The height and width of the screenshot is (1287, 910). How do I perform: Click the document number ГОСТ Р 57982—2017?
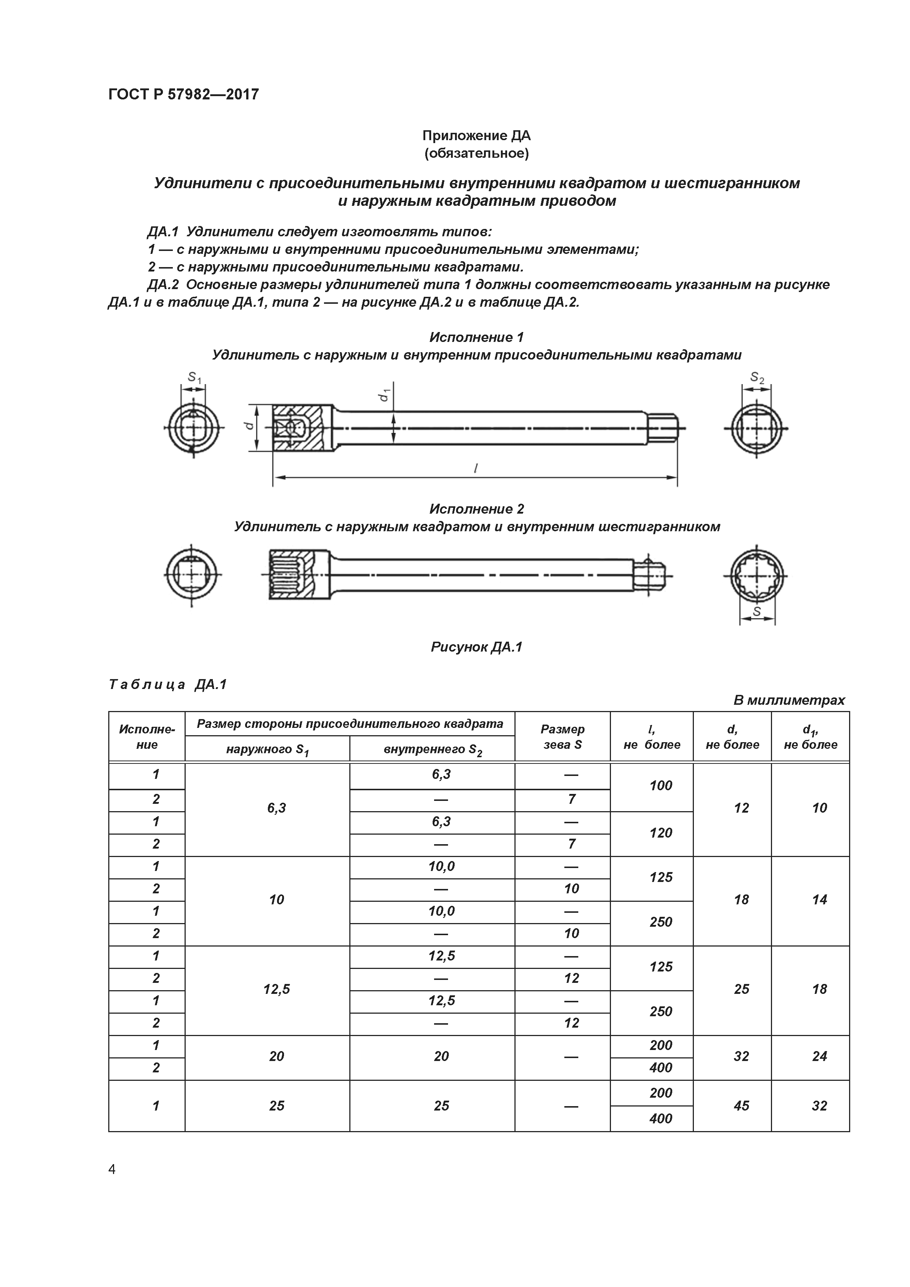tap(183, 94)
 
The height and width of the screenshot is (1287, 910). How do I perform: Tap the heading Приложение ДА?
tap(476, 136)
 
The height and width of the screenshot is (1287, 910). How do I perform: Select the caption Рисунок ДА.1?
tap(476, 647)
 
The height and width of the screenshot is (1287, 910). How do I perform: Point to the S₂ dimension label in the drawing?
tap(757, 378)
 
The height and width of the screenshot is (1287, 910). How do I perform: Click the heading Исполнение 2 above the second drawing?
tap(476, 509)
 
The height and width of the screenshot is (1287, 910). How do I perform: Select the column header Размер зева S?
tap(563, 737)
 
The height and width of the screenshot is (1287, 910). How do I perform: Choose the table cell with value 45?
tap(741, 1105)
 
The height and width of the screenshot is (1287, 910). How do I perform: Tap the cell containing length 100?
tap(660, 786)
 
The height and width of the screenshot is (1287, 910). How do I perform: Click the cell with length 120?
tap(660, 833)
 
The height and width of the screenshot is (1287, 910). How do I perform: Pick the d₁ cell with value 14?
tap(819, 900)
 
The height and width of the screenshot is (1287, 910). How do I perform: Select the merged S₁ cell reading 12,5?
tap(276, 989)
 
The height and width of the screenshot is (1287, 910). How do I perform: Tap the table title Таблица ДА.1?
tap(167, 685)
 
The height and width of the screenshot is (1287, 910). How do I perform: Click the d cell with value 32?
tap(741, 1056)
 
